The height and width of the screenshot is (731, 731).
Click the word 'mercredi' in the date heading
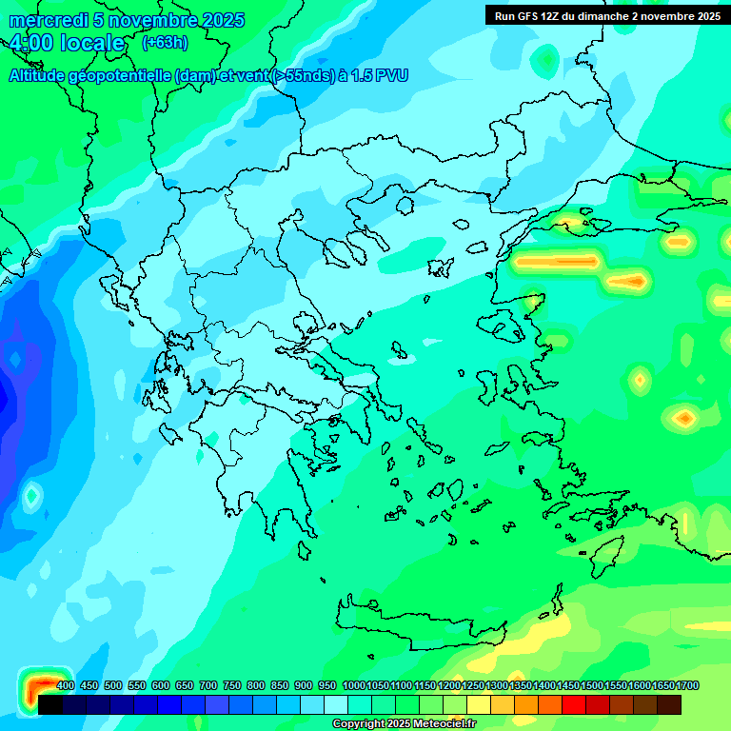click(x=45, y=20)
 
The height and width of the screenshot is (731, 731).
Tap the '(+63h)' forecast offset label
click(x=165, y=43)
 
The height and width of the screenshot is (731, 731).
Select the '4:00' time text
click(x=30, y=44)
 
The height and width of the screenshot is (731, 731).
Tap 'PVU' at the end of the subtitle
click(x=391, y=75)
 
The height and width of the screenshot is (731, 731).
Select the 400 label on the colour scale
click(x=66, y=686)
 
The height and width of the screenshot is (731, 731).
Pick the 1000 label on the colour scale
click(x=354, y=686)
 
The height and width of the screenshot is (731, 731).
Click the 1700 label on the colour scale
click(x=687, y=686)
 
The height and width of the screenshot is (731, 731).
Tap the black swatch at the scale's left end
click(x=50, y=704)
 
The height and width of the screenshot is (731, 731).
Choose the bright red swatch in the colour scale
click(x=574, y=704)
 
